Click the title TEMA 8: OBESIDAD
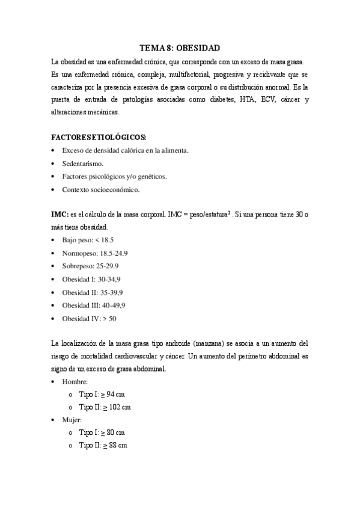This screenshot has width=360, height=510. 180,48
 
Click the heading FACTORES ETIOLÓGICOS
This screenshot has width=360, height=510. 99,137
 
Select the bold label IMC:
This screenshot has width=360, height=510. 59,215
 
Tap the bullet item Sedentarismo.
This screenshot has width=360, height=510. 83,163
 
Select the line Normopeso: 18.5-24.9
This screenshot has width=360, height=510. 94,253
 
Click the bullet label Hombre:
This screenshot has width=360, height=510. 75,381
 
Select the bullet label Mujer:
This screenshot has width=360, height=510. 72,420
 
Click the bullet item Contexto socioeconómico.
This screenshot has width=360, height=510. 100,189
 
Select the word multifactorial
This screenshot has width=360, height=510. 175,74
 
